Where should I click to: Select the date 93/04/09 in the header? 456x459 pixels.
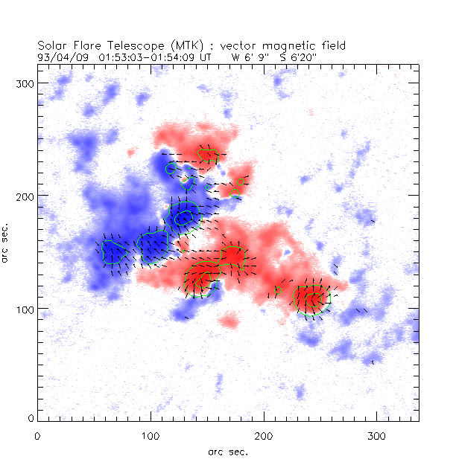click(60, 56)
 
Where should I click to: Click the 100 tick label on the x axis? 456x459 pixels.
click(151, 434)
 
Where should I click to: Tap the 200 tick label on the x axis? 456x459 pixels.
click(264, 434)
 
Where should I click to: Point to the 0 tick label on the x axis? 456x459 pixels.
click(37, 434)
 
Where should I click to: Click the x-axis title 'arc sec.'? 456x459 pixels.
click(228, 451)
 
